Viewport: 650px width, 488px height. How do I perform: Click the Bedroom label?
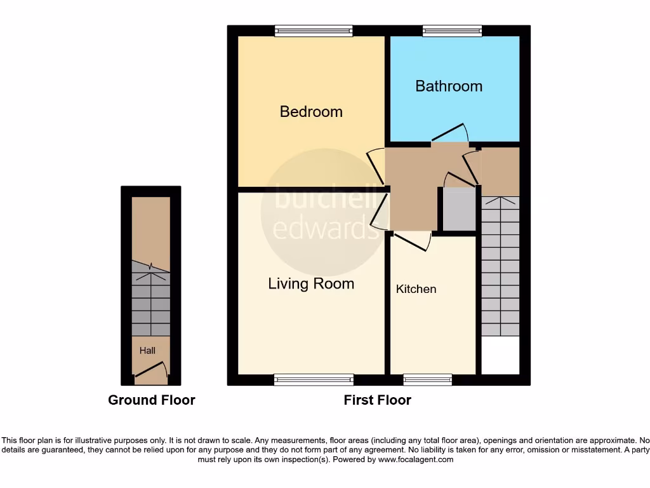pos(311,112)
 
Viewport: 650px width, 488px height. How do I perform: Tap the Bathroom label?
pos(449,86)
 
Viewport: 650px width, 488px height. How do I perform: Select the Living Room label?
pos(311,283)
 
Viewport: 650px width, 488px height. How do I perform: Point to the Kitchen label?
pos(416,289)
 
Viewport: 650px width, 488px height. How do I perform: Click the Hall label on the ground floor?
pos(147,350)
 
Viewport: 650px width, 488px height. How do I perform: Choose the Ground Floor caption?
pos(152,400)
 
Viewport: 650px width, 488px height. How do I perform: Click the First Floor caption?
pos(377,400)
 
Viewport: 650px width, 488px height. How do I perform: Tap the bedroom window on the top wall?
pos(314,30)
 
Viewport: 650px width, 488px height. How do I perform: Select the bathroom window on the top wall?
pos(452,30)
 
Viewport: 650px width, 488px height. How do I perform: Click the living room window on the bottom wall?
pos(314,380)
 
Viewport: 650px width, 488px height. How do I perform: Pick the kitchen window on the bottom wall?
pos(427,380)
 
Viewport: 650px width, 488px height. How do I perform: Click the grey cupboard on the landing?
pos(458,208)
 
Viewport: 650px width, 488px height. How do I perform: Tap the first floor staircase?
pos(500,267)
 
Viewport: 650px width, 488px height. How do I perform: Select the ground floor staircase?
pos(151,299)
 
